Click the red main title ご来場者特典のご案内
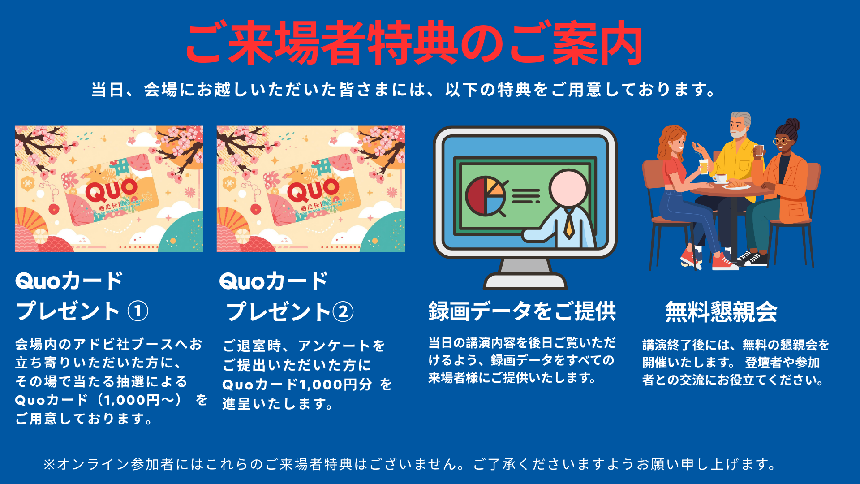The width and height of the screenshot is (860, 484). tap(414, 43)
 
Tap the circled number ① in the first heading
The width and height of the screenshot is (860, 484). tap(138, 311)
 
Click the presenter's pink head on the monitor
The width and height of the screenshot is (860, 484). tap(569, 188)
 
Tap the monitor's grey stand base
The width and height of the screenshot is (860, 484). tap(525, 282)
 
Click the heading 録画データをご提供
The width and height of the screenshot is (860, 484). tap(522, 311)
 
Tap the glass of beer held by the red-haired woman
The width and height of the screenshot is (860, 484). tap(704, 166)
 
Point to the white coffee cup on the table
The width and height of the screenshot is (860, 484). tap(720, 178)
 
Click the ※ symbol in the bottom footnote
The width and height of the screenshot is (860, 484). tap(48, 464)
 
